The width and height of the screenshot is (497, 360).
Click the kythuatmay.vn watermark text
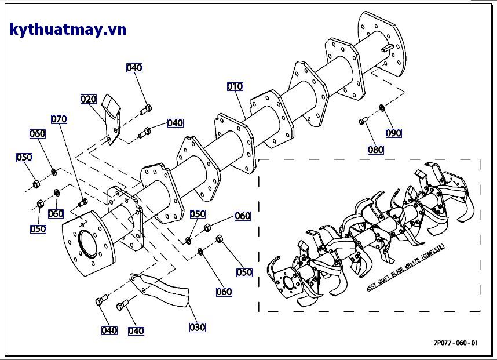pyautogui.click(x=68, y=30)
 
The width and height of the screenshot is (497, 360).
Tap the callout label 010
pyautogui.click(x=235, y=87)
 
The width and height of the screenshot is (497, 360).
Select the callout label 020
pyautogui.click(x=88, y=99)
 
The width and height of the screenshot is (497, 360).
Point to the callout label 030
pyautogui.click(x=198, y=328)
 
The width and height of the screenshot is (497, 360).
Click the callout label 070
pyautogui.click(x=59, y=119)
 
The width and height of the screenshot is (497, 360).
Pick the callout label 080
pyautogui.click(x=375, y=150)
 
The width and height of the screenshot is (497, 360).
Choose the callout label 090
pyautogui.click(x=393, y=133)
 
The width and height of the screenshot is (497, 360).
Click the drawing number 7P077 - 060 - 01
pyautogui.click(x=456, y=343)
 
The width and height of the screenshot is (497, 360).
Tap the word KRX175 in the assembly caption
pyautogui.click(x=414, y=265)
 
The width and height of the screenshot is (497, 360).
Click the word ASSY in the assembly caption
pyautogui.click(x=371, y=288)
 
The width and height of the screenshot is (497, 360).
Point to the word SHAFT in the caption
pyautogui.click(x=383, y=281)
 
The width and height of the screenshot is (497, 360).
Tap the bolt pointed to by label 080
pyautogui.click(x=362, y=121)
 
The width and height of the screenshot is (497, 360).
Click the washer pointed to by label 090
pyautogui.click(x=382, y=107)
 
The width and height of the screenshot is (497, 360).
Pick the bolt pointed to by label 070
pyautogui.click(x=82, y=202)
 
